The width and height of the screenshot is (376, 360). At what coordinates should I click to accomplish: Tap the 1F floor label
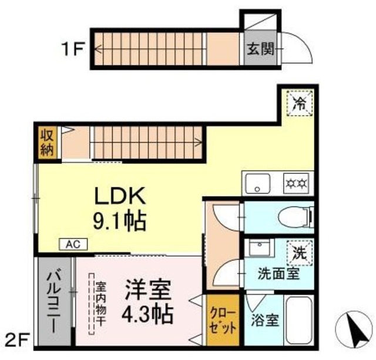tap(73, 49)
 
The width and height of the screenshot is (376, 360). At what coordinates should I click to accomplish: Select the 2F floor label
tap(16, 339)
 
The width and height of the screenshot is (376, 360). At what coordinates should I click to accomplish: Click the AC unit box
tap(73, 244)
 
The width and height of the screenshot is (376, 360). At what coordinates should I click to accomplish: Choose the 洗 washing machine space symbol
tap(300, 253)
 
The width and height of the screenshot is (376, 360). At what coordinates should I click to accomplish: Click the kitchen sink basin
tap(257, 183)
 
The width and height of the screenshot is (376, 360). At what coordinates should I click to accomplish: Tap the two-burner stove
tap(296, 183)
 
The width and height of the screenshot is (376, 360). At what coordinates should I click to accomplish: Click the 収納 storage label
tap(48, 143)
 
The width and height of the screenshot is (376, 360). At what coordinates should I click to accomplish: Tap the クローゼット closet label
tap(223, 321)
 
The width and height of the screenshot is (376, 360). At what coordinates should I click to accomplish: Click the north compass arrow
tap(355, 329)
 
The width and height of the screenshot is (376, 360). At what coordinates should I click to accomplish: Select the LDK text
tap(120, 196)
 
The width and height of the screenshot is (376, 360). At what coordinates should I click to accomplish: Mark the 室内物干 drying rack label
tap(101, 304)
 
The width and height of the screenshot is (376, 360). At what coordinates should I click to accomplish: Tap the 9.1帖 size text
tap(119, 221)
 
